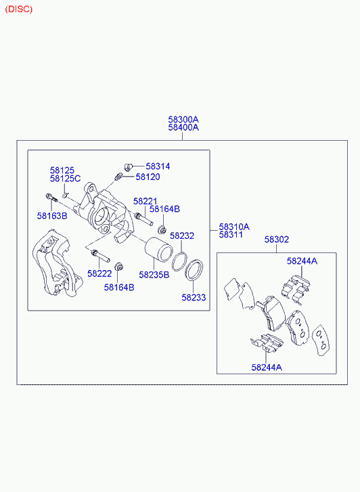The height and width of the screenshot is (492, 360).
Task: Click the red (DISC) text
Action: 19,9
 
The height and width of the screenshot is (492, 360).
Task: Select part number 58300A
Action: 183,120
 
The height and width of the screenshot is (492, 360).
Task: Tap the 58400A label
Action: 183,127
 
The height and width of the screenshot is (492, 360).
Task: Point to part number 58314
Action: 158,166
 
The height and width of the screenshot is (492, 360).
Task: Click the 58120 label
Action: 148,177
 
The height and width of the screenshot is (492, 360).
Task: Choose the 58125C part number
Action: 65,179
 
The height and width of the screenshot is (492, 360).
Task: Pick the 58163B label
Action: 52,216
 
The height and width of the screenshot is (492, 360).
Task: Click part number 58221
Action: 145,201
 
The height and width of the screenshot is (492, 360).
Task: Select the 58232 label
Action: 182,236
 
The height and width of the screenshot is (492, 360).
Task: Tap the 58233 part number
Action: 194,298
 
